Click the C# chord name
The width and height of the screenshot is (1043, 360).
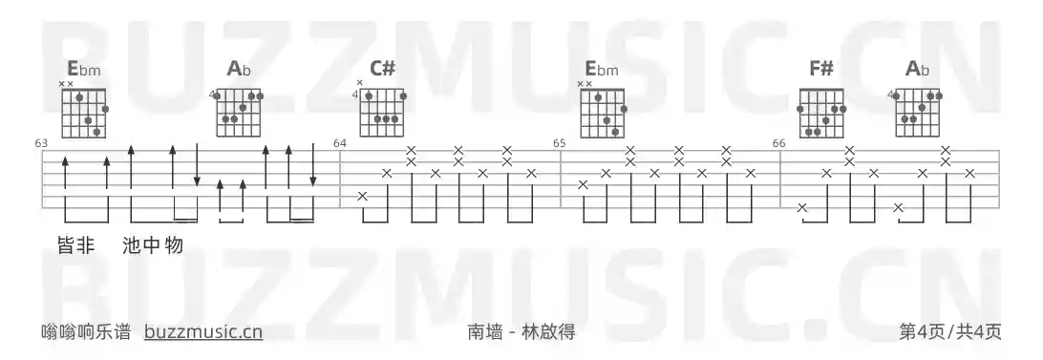coord(382,68)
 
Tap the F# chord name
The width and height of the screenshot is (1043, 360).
coord(820,68)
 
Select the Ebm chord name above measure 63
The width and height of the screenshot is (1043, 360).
coord(83,68)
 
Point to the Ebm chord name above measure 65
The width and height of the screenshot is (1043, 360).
coord(602,68)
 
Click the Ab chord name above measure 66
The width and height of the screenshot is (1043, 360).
coord(917,68)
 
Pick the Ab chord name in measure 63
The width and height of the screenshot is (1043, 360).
coord(238,68)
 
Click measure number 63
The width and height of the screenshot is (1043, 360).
coord(41,143)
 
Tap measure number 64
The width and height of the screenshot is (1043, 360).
coord(340,143)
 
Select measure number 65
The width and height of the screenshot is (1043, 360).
coord(560,143)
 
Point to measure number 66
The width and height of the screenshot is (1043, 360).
coord(779,143)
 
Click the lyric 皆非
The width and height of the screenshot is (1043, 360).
coord(75,245)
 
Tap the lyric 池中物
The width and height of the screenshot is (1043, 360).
coord(153,245)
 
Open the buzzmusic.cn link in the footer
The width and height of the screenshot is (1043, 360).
coord(202,331)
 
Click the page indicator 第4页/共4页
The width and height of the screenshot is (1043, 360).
coord(949,331)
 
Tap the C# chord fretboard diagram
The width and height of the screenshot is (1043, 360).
coord(383,112)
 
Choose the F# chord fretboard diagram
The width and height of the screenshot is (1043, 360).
coord(822,112)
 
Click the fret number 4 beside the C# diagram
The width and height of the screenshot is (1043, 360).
coord(355,95)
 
